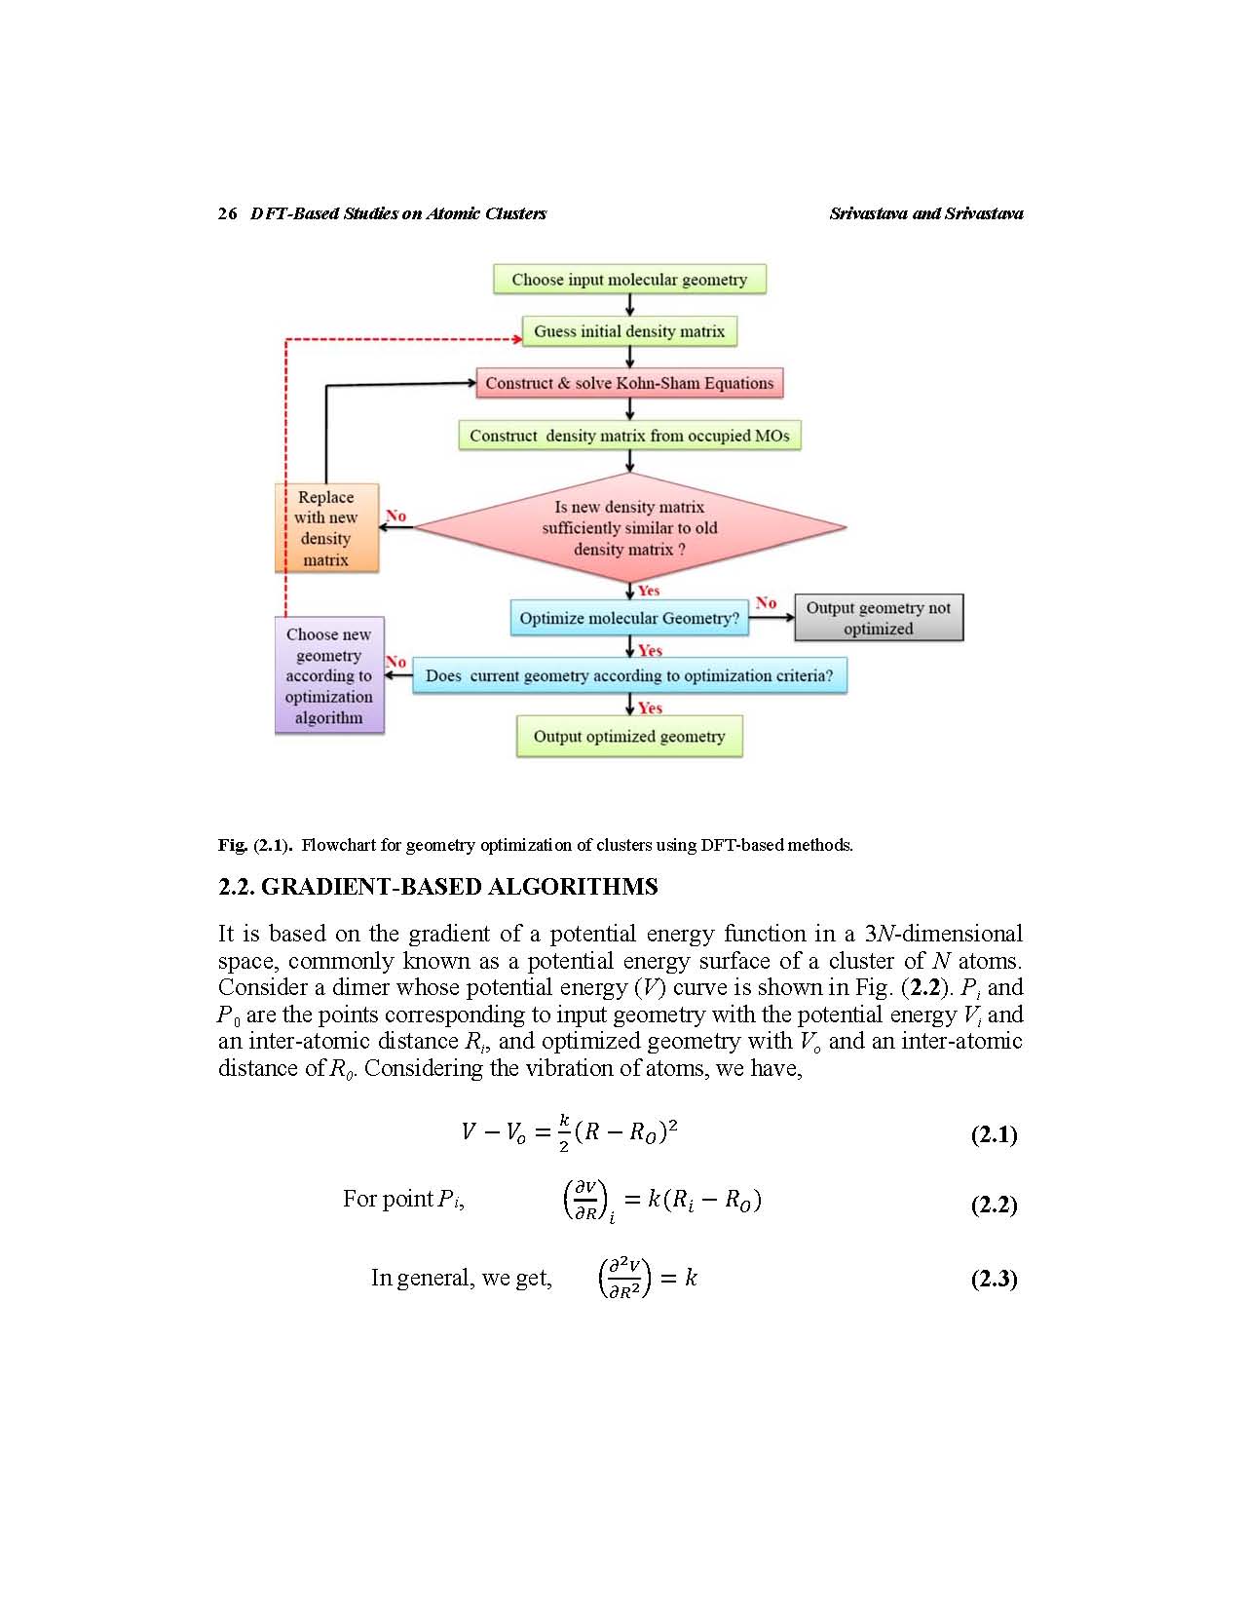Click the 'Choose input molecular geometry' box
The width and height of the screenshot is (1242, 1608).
tap(629, 279)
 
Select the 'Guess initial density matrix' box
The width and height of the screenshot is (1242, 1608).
tap(629, 330)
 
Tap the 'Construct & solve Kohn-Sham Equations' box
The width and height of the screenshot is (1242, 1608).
tap(629, 383)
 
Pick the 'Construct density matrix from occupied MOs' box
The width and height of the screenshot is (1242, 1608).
tap(629, 436)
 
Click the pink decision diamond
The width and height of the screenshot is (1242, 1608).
tap(630, 527)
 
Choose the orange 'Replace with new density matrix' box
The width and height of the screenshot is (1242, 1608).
tap(326, 527)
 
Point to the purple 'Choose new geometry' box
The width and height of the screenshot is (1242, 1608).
tap(329, 674)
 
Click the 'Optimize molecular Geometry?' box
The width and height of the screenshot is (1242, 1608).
tap(629, 618)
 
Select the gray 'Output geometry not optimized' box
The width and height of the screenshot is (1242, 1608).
tap(879, 618)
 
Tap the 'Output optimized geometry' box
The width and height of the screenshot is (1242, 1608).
tap(629, 737)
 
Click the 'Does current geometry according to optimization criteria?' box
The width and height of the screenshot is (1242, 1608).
tap(629, 675)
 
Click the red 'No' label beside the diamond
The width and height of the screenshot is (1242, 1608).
tap(395, 516)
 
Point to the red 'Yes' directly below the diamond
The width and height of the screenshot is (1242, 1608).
tap(649, 591)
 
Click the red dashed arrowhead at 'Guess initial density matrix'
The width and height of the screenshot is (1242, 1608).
tap(517, 340)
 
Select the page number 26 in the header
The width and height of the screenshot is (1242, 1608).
tap(227, 213)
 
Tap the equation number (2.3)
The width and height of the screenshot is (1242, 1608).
tap(995, 1279)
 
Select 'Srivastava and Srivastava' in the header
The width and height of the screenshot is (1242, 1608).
tap(926, 213)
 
